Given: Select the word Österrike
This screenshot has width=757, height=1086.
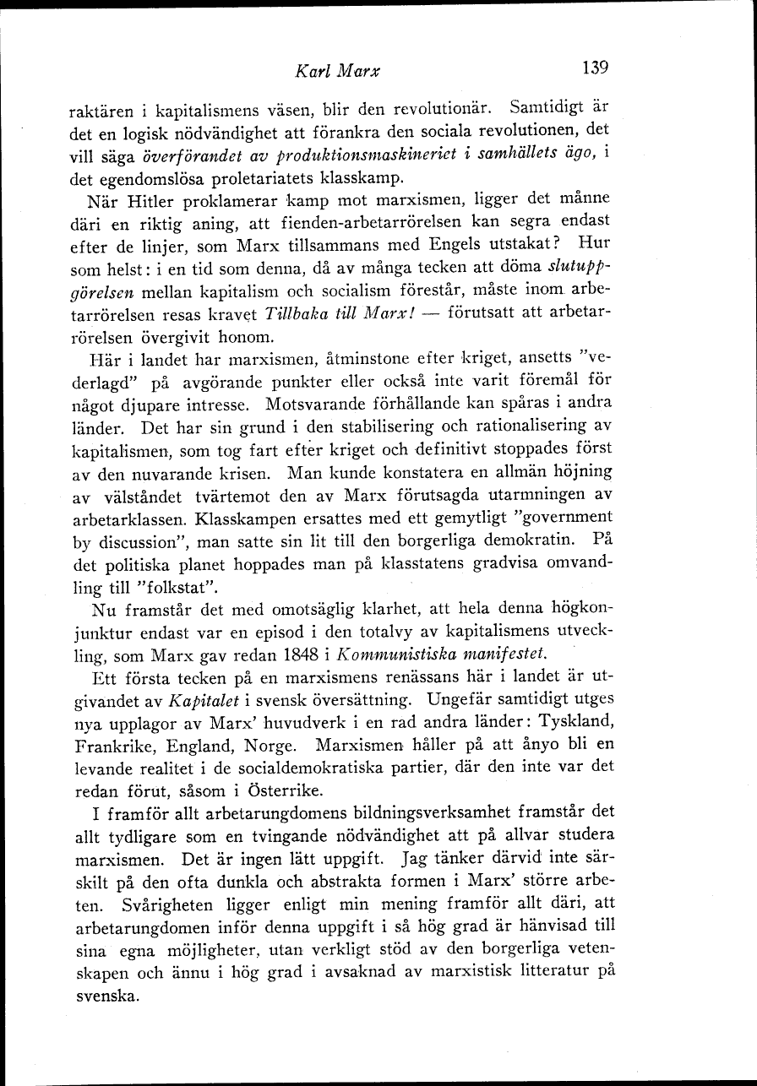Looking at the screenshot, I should (282, 790).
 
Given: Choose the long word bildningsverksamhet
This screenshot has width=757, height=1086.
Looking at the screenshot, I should (398, 814).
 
